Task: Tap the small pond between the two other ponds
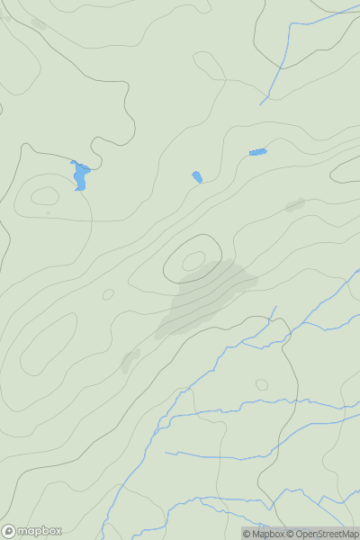(197, 177)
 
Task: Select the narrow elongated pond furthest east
(257, 152)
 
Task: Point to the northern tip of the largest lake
(74, 162)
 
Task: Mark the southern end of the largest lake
(79, 189)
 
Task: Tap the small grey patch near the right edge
(294, 205)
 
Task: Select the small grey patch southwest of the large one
(130, 360)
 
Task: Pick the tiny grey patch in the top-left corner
(38, 23)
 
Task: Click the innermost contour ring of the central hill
(193, 261)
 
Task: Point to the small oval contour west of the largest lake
(44, 196)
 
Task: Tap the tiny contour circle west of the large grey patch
(108, 294)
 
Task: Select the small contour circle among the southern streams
(262, 385)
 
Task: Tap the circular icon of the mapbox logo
(9, 531)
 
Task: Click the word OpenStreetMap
(327, 534)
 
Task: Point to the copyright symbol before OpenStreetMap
(290, 534)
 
